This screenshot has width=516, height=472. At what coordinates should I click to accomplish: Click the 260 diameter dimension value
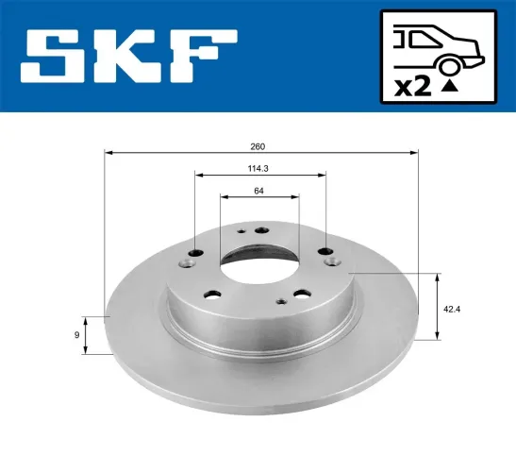tap(258, 146)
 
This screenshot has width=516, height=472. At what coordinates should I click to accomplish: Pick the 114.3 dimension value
tap(258, 171)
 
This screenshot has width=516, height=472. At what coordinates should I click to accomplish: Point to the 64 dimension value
tap(258, 193)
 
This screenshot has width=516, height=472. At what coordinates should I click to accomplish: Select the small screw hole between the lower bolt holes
tap(280, 301)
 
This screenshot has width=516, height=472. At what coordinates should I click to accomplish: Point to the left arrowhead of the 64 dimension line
tap(224, 197)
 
